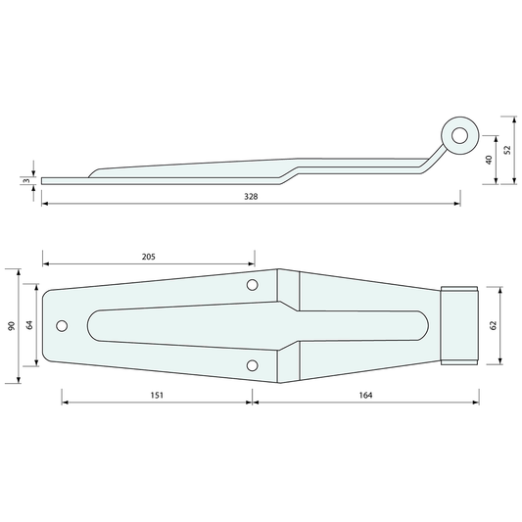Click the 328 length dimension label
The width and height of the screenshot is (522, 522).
pyautogui.click(x=251, y=197)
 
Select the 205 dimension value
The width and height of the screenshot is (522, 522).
pyautogui.click(x=149, y=257)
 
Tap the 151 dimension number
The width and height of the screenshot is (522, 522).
pyautogui.click(x=157, y=395)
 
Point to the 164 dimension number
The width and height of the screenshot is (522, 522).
pyautogui.click(x=365, y=395)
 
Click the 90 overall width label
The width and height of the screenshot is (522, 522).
pyautogui.click(x=12, y=326)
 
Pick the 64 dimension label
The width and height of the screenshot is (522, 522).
pyautogui.click(x=29, y=325)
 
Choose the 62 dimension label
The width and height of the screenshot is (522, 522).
pyautogui.click(x=493, y=325)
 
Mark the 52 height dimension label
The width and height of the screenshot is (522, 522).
pyautogui.click(x=507, y=150)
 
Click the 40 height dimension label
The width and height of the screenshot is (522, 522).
pyautogui.click(x=489, y=160)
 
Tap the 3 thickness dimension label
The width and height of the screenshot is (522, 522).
pyautogui.click(x=27, y=181)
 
